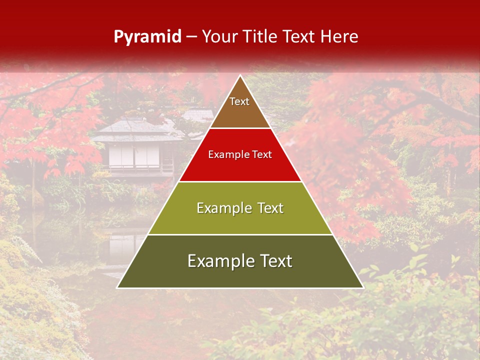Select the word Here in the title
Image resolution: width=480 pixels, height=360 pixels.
tap(339, 37)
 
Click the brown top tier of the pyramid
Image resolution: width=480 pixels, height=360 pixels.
tap(240, 112)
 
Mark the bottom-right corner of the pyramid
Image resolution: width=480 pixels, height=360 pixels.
tap(362, 287)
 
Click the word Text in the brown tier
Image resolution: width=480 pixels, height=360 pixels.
tap(239, 102)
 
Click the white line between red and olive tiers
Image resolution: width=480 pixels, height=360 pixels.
tap(240, 181)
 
